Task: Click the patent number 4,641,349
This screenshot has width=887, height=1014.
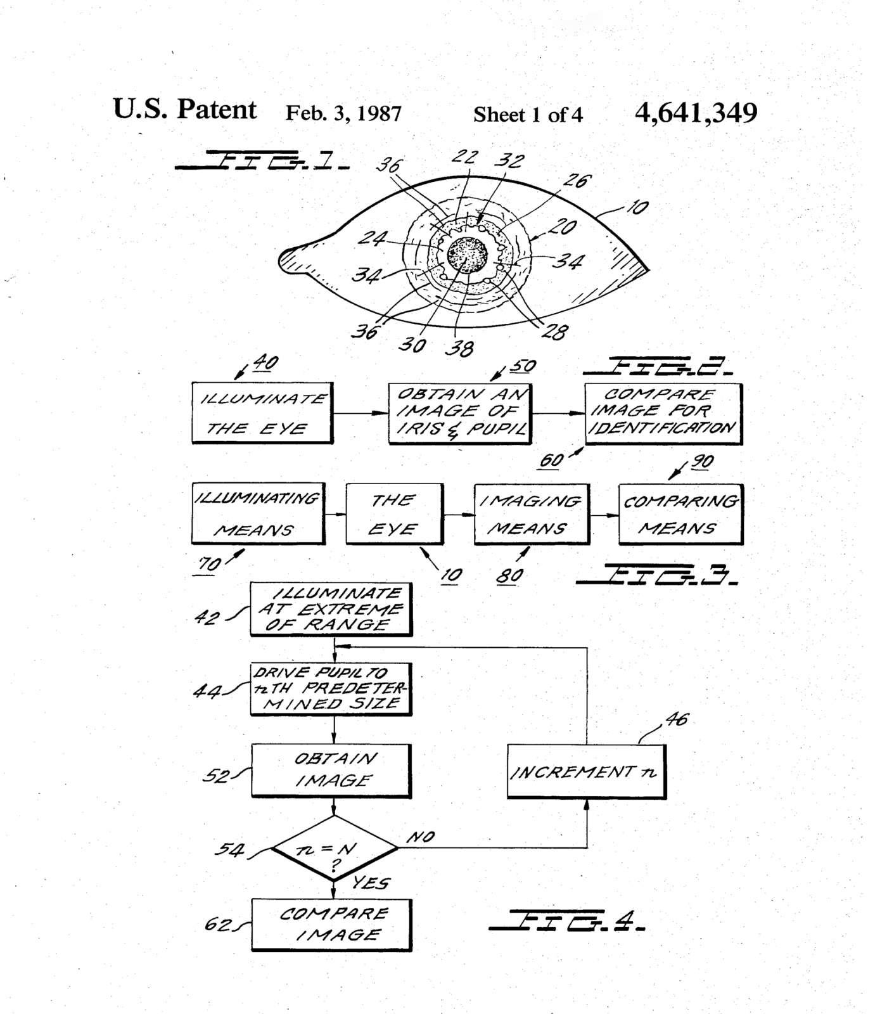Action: [x=696, y=113]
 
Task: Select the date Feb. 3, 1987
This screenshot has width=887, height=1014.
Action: [x=343, y=113]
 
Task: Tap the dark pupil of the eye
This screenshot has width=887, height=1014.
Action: [x=468, y=254]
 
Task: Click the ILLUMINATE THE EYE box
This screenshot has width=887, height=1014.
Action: [x=262, y=413]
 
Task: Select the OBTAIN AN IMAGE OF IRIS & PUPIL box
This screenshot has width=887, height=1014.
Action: [x=460, y=413]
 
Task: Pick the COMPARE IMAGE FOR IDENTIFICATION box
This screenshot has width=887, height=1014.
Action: [x=663, y=413]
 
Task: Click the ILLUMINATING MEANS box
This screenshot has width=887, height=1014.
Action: [x=258, y=514]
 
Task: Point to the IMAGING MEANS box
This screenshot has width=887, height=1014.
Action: [x=532, y=514]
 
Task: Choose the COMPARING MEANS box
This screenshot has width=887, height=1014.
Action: [x=680, y=514]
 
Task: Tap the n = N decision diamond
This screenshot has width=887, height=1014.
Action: [x=334, y=849]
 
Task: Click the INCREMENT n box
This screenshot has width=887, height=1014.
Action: [x=586, y=771]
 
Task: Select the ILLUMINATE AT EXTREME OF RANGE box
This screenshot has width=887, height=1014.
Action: [x=331, y=609]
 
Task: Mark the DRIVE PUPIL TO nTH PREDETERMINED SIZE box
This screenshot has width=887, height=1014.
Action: [x=331, y=689]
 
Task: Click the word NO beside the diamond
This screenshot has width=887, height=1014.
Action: [x=420, y=837]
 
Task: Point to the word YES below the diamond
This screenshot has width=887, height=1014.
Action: [x=371, y=882]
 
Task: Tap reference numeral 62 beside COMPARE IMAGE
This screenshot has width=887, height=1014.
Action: [x=217, y=925]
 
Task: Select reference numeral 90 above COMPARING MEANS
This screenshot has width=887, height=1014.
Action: [x=701, y=462]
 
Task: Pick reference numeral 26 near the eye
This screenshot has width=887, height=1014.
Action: [x=575, y=181]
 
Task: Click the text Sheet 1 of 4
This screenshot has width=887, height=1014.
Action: [x=527, y=115]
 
